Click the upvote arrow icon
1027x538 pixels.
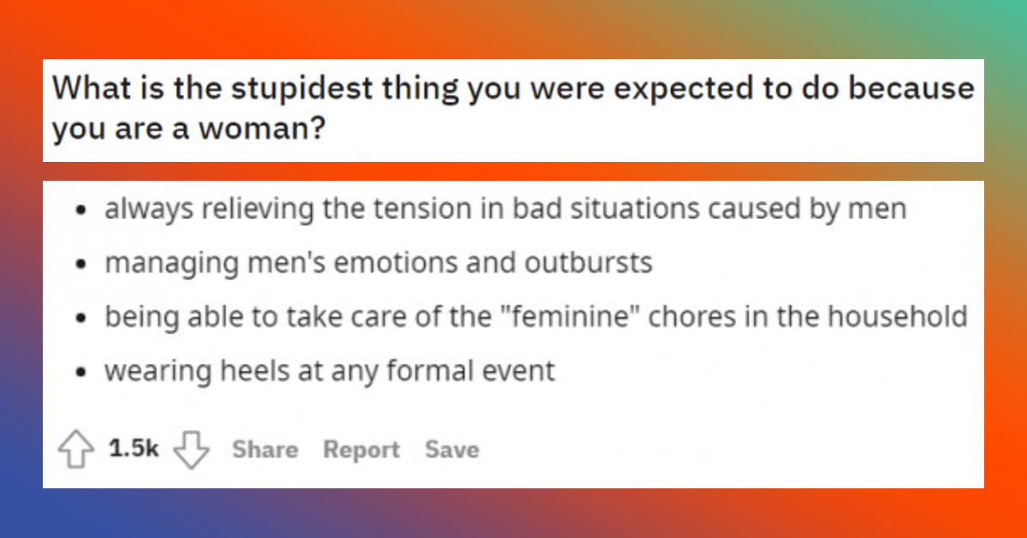75,450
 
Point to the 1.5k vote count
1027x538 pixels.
134,449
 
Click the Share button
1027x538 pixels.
264,450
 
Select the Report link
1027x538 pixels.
361,450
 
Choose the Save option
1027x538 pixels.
452,450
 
